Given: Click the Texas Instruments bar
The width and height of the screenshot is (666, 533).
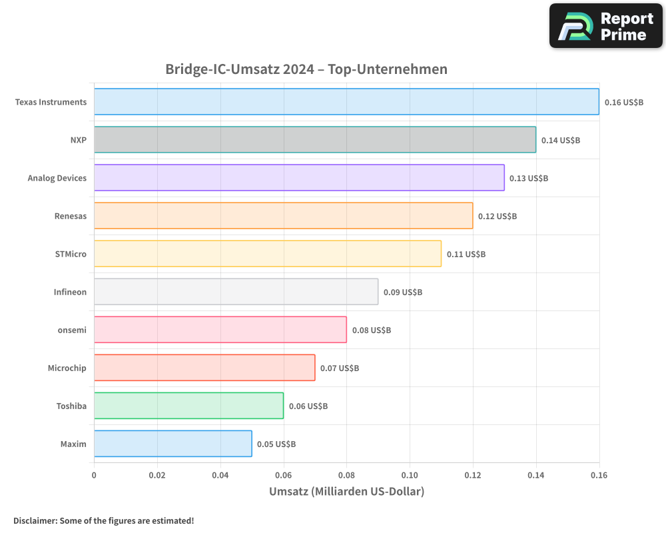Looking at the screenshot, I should tap(346, 102).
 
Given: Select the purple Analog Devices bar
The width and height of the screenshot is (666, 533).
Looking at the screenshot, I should tap(299, 178).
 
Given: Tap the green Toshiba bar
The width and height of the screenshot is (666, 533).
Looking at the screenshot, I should tap(188, 406).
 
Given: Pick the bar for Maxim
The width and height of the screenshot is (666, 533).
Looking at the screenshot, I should tap(172, 444).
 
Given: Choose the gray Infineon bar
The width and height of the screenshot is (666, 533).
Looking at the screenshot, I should tap(236, 292).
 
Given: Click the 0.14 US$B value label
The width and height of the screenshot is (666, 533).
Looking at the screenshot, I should tap(560, 141).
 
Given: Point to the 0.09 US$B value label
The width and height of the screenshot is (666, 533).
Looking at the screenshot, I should tap(402, 292).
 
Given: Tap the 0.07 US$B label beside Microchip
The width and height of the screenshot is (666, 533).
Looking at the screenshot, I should tap(339, 368).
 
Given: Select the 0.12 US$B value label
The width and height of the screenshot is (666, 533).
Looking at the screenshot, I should tap(497, 217).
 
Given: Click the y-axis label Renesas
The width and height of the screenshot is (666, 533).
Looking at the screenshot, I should tap(70, 216).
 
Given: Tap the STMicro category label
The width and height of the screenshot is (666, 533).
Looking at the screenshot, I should tap(71, 254).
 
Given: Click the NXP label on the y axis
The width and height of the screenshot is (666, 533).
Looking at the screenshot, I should tap(78, 140).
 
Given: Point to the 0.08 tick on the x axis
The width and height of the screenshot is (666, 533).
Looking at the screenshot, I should tap(346, 476).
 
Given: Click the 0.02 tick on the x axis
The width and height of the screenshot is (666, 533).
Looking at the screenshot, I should tap(157, 476).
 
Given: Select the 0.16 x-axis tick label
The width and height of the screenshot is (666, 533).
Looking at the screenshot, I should tap(599, 476).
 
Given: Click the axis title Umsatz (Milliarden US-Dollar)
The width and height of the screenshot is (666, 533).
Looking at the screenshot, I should tap(346, 492).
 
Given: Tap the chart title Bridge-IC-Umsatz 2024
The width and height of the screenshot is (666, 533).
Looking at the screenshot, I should tap(306, 69).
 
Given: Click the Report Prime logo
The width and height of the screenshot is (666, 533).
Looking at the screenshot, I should tap(606, 26).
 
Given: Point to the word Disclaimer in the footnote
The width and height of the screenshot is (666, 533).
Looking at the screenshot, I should tap(35, 521).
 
